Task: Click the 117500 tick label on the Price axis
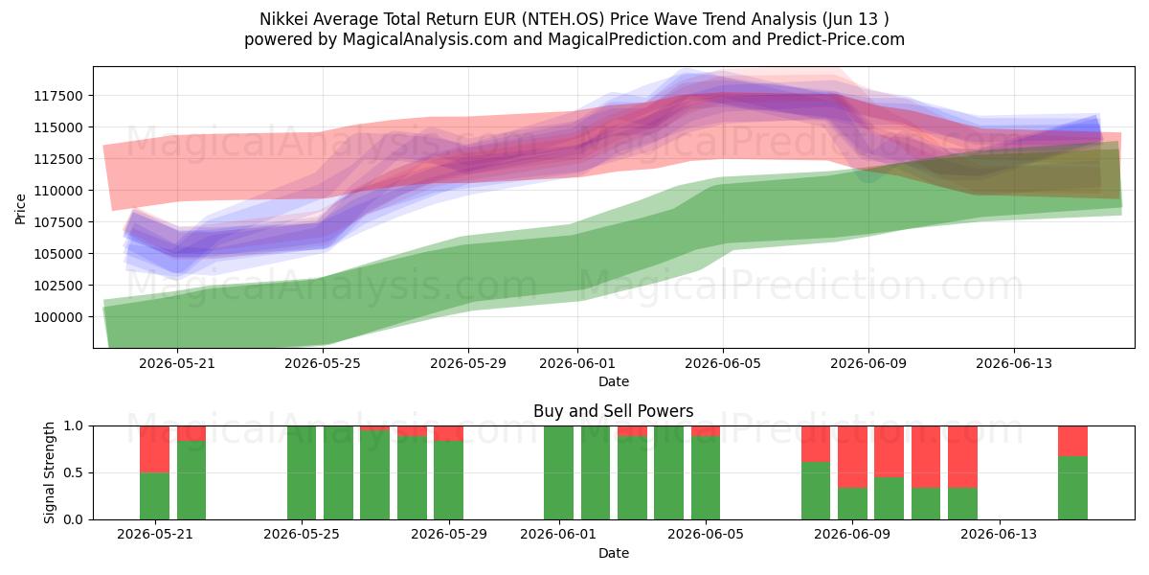58,96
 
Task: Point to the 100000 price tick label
58,317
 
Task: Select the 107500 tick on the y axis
58,222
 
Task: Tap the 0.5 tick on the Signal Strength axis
73,472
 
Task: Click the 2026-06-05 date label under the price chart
723,363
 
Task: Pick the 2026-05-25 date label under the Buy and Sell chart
301,534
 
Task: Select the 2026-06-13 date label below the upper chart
1014,363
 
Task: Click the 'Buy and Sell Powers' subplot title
614,411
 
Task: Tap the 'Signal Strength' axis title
49,472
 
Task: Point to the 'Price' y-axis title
20,209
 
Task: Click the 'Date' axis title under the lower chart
614,553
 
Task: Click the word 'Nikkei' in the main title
283,19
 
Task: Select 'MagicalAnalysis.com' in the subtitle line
425,39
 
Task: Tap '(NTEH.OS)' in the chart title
563,19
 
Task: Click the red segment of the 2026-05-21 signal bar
154,449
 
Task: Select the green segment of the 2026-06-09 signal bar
852,504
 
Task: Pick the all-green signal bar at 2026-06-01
558,472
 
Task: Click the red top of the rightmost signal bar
1072,441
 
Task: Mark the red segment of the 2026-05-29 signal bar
448,433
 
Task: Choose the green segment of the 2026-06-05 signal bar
706,478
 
